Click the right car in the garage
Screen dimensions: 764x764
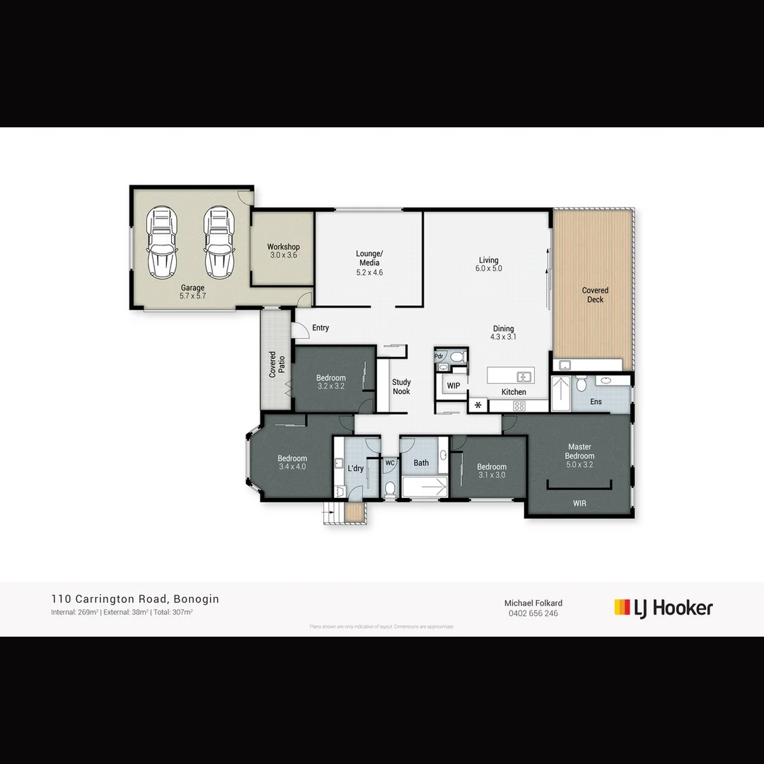pos(219,243)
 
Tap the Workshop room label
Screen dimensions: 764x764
pos(283,247)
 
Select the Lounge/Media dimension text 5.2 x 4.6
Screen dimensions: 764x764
pos(369,272)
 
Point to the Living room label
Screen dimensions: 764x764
pos(488,260)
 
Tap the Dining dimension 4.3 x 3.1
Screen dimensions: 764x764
pos(503,337)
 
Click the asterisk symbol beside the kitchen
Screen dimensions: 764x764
pos(478,405)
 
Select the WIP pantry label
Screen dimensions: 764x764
pos(453,386)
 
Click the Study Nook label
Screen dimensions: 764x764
pos(401,387)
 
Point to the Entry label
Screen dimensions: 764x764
pos(320,328)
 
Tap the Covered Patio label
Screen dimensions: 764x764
pos(277,364)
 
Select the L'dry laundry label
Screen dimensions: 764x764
pos(355,468)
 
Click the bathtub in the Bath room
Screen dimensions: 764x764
pos(424,487)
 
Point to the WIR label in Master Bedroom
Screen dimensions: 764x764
pos(579,504)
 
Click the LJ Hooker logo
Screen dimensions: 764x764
pos(663,608)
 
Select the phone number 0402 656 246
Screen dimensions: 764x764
pos(533,613)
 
